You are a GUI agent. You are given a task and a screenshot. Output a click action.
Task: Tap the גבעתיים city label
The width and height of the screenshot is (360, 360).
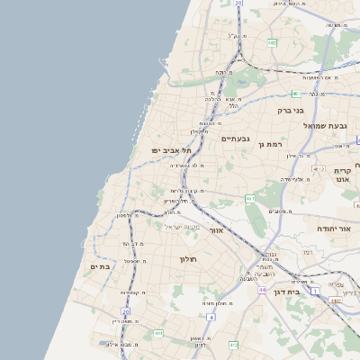(234, 139)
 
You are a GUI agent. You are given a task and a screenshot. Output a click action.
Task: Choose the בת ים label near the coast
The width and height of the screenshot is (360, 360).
(99, 266)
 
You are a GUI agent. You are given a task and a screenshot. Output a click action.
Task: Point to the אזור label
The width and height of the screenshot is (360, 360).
(215, 230)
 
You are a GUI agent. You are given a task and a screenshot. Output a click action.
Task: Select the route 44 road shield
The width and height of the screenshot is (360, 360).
(261, 290)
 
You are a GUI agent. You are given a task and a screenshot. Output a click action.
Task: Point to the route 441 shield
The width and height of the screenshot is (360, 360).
(158, 333)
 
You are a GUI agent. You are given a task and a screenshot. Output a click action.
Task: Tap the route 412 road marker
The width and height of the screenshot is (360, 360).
(233, 345)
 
